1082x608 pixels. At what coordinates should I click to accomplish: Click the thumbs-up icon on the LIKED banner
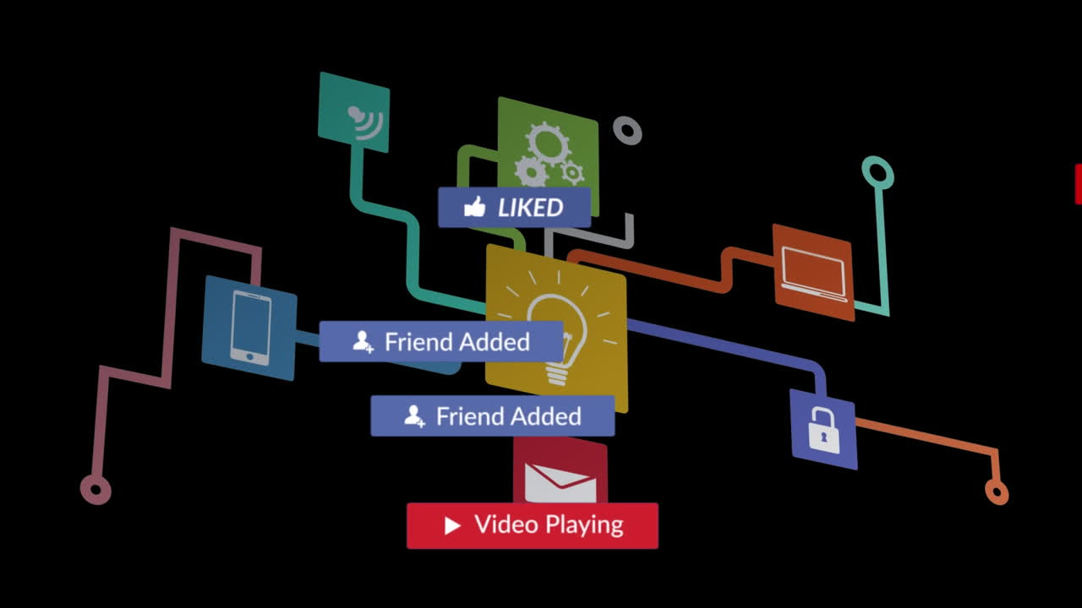(x=475, y=207)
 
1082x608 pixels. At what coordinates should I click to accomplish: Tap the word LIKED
(x=530, y=208)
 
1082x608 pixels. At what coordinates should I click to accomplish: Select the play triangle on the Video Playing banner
(x=452, y=526)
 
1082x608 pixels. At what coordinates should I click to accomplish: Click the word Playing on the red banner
(x=583, y=525)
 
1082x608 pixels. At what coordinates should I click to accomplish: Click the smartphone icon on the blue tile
(x=251, y=328)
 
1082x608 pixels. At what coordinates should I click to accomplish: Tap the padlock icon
(x=823, y=429)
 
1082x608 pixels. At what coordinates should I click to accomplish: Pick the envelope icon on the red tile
(x=560, y=481)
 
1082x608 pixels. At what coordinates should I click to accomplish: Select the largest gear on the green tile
(x=549, y=142)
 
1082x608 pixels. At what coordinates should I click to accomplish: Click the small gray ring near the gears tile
(x=627, y=131)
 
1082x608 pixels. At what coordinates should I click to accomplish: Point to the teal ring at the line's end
(x=877, y=173)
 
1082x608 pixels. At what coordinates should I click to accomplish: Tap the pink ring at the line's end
(x=96, y=489)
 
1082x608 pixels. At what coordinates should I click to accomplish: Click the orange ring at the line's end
(x=997, y=491)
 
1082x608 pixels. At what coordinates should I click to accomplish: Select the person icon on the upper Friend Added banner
(x=363, y=341)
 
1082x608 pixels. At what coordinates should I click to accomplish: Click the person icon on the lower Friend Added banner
(x=414, y=415)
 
